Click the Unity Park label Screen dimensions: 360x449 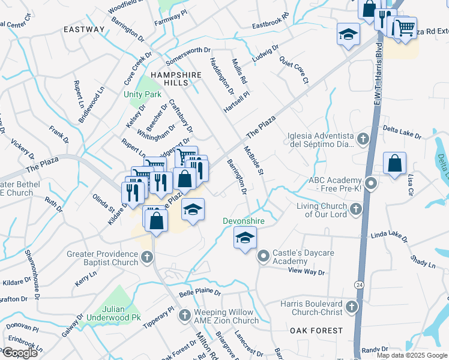click(x=142, y=95)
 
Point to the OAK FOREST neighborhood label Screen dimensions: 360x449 click(x=316, y=331)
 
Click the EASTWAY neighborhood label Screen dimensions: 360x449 click(x=84, y=29)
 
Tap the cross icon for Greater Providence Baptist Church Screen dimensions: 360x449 click(x=148, y=258)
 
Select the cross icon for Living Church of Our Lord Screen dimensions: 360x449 click(x=356, y=209)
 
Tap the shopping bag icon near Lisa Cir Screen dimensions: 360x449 click(x=395, y=163)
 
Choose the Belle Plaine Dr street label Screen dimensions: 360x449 click(x=200, y=294)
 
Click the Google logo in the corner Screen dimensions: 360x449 click(x=20, y=353)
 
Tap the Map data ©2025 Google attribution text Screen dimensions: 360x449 click(x=412, y=355)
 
